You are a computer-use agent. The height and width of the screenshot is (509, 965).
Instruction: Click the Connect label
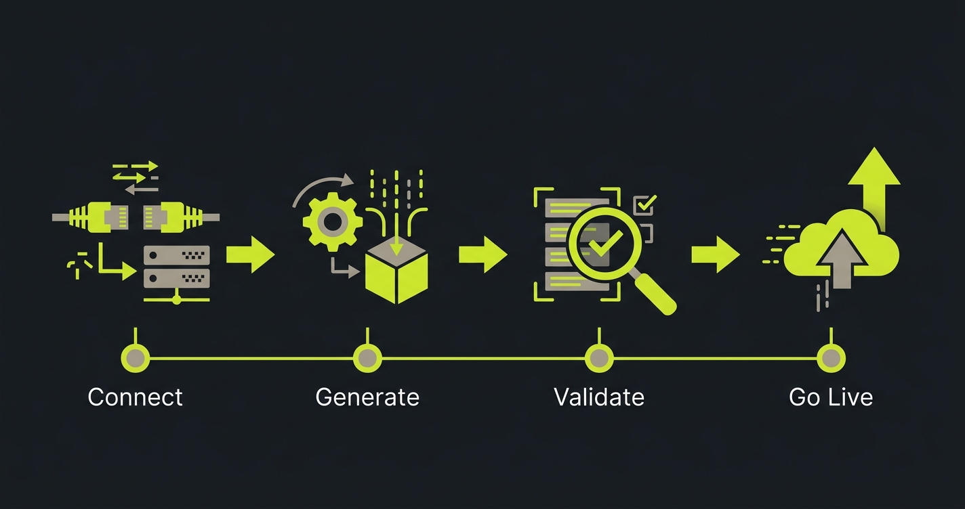coord(135,397)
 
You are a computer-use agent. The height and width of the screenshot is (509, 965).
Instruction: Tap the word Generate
coord(367,397)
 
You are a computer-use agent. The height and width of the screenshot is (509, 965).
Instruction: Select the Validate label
coord(599,397)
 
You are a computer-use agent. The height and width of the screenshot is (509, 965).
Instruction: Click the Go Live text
coord(831,397)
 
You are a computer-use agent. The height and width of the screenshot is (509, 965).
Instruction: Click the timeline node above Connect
coord(136,357)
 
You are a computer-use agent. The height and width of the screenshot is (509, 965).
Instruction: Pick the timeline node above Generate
coord(367,357)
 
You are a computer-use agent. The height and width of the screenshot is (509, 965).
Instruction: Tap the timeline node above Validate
coord(599,357)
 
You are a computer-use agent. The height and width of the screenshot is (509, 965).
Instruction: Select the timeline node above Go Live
coord(831,357)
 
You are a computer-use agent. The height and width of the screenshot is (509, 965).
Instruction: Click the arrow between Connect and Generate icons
coord(251,255)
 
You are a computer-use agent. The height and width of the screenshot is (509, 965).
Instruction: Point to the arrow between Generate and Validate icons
coord(483,255)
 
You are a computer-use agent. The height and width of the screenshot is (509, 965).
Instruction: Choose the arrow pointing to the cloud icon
coord(716,255)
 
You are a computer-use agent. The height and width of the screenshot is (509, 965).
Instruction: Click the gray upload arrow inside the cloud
coord(842,260)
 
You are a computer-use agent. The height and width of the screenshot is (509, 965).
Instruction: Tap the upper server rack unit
coord(177,255)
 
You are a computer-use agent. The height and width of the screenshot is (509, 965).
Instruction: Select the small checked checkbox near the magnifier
coord(644,204)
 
